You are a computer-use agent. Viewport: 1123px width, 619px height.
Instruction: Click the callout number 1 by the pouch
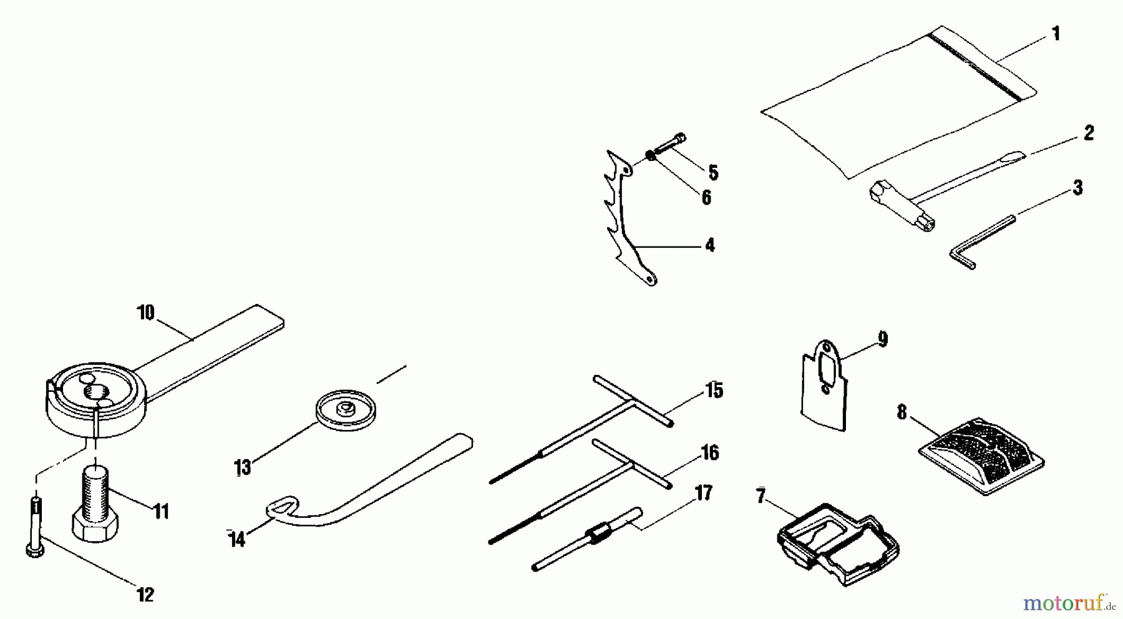click(x=1055, y=33)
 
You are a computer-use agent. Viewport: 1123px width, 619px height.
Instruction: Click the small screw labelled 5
click(x=671, y=142)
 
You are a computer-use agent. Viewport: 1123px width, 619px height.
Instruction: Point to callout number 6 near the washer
click(x=706, y=197)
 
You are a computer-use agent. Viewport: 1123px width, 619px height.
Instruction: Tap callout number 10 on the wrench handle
click(x=145, y=313)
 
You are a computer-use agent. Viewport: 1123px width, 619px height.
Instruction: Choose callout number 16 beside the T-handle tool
click(x=709, y=453)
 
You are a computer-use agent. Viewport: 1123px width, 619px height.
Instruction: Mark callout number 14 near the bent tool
click(x=236, y=538)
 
